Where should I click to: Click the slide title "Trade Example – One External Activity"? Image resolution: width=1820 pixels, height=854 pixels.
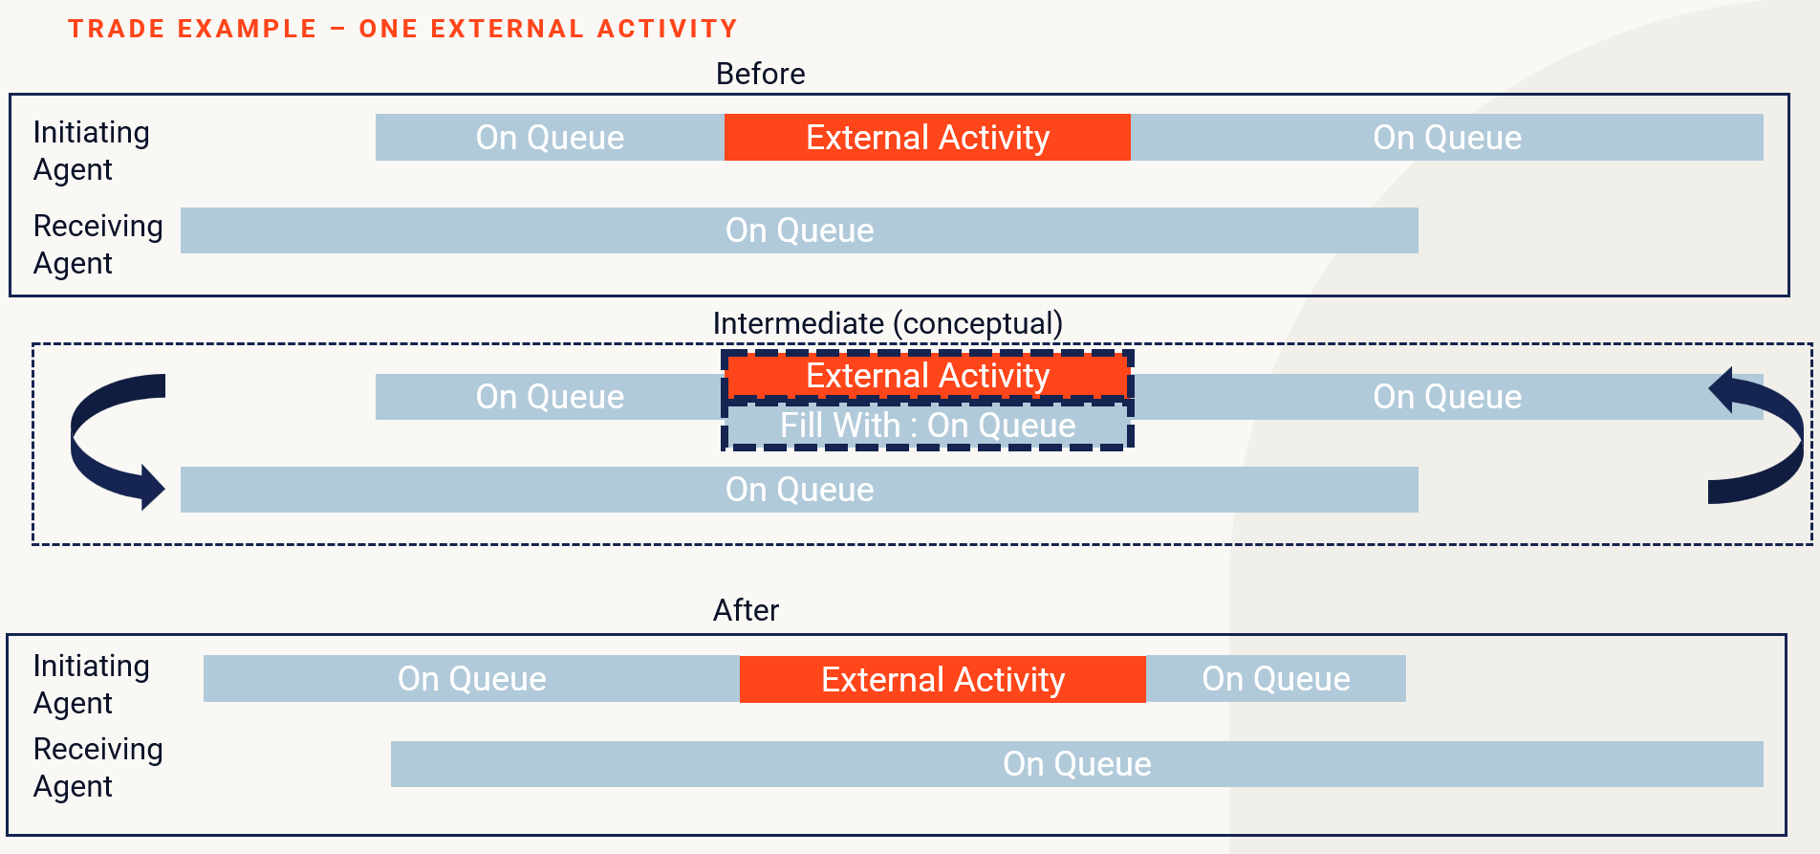click(402, 29)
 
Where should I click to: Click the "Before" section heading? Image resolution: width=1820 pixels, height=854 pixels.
click(760, 74)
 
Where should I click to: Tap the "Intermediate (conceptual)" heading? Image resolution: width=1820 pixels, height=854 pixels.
click(887, 323)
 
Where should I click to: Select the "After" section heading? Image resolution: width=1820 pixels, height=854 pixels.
click(746, 610)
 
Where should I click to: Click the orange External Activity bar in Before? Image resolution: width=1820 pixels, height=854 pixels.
click(927, 138)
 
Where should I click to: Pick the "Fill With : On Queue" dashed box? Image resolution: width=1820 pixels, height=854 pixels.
click(927, 426)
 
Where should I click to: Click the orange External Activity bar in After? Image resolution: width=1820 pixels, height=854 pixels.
click(942, 679)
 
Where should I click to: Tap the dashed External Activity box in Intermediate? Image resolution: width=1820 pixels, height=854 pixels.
click(927, 376)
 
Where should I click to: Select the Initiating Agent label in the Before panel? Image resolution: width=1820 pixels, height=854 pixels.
click(92, 150)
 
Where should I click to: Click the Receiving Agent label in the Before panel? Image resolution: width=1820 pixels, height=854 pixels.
click(97, 244)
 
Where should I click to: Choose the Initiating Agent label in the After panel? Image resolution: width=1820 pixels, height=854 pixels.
click(92, 684)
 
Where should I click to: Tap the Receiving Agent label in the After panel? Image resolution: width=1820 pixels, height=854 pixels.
click(97, 767)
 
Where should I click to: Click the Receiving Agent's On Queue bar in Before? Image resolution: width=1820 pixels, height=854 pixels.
click(799, 230)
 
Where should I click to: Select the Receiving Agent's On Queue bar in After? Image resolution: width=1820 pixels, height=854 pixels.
click(1077, 764)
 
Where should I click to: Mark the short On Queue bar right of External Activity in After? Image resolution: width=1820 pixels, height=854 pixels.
click(1276, 679)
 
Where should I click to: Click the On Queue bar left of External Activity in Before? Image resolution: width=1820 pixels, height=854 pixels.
click(550, 138)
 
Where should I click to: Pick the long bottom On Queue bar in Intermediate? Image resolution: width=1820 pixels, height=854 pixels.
click(799, 490)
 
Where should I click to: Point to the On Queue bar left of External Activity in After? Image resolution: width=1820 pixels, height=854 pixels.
click(471, 679)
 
